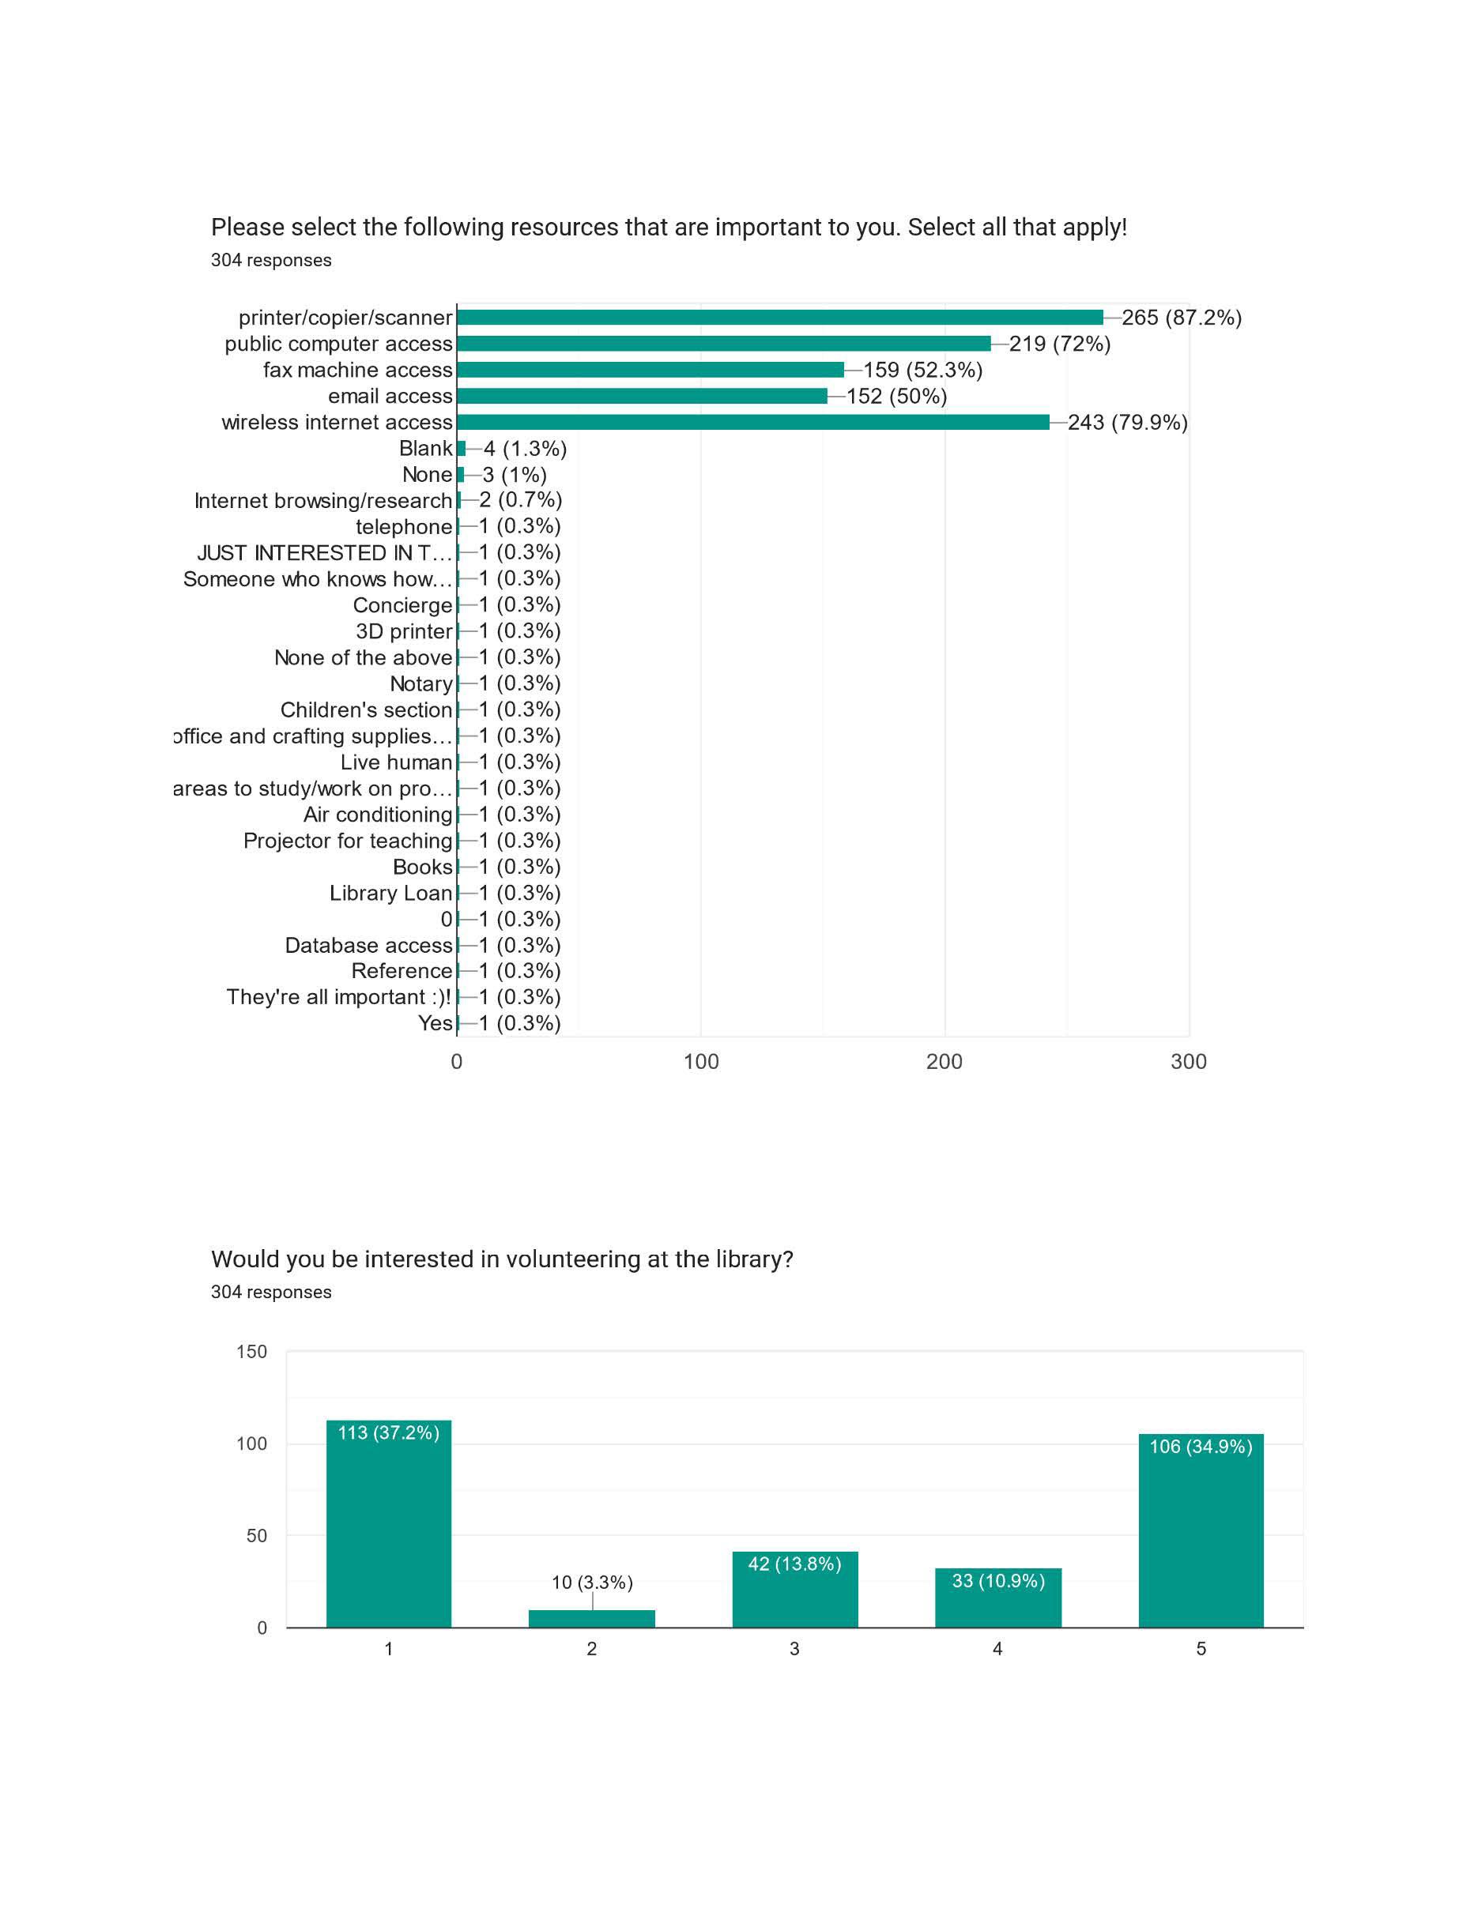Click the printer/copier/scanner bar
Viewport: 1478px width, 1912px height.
tap(780, 317)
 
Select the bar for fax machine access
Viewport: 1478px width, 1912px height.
tap(650, 370)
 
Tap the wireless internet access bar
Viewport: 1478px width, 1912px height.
tap(753, 422)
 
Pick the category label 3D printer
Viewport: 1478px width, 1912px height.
tap(405, 631)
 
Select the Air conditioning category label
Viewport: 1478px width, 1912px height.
tap(379, 815)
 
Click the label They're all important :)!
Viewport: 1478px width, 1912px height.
tap(339, 997)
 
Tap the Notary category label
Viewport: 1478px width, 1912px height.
tap(421, 683)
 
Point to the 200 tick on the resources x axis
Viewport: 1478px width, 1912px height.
tap(944, 1062)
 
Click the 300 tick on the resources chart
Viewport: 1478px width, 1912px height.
tap(1189, 1062)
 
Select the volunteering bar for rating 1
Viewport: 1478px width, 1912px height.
tap(389, 1524)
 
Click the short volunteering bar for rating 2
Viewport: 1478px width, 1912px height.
tap(592, 1619)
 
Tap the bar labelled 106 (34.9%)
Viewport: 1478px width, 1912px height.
tap(1201, 1531)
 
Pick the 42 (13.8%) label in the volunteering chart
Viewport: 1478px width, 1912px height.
tap(795, 1564)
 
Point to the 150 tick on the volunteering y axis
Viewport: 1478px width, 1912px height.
tap(252, 1352)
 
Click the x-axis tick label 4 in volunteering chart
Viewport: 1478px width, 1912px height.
tap(997, 1650)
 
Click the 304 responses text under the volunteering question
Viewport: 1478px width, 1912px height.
tap(271, 1292)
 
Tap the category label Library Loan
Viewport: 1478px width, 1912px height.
tap(391, 893)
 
